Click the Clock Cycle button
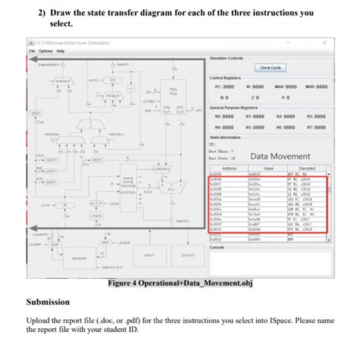click(x=271, y=68)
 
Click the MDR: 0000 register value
click(x=315, y=87)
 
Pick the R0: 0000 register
click(x=223, y=116)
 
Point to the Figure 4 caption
click(x=179, y=283)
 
